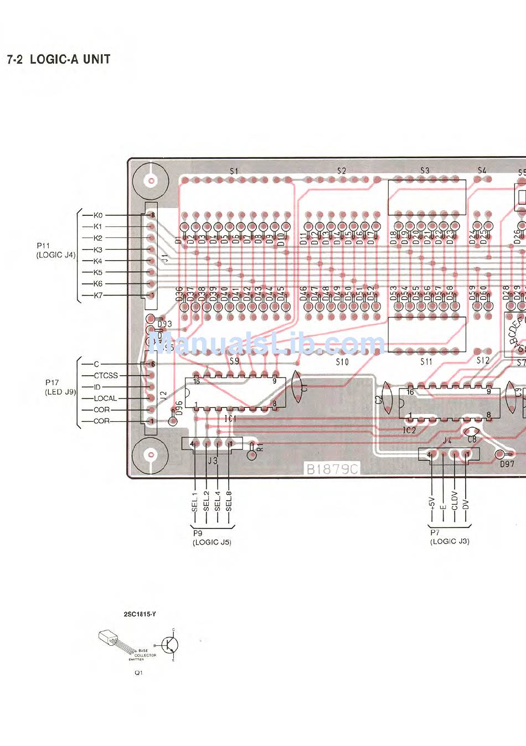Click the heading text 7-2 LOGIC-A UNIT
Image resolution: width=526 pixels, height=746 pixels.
tap(59, 59)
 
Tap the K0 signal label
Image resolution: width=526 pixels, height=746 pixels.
tap(98, 215)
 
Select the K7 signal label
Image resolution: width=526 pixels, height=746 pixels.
tap(98, 296)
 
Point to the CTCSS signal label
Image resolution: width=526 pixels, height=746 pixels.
tap(106, 375)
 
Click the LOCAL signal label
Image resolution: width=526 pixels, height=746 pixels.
tap(105, 398)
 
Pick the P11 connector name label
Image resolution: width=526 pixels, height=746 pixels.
tap(43, 245)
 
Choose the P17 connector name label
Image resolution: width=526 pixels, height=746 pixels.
tap(52, 382)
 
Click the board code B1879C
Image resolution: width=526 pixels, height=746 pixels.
tap(332, 469)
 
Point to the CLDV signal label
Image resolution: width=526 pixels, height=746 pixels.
tap(455, 501)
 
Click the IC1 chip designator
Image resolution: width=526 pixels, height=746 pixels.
tap(230, 419)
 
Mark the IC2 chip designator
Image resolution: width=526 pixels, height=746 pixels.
tap(409, 430)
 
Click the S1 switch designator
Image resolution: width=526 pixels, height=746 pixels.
tap(234, 171)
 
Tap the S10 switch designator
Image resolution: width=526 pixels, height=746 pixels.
tap(342, 362)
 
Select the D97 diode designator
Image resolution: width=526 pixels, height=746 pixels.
tap(507, 464)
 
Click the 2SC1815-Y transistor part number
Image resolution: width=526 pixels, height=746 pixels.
tap(140, 614)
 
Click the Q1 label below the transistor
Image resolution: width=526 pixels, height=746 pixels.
tap(138, 672)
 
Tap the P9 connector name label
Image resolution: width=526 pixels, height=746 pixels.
tap(198, 533)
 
